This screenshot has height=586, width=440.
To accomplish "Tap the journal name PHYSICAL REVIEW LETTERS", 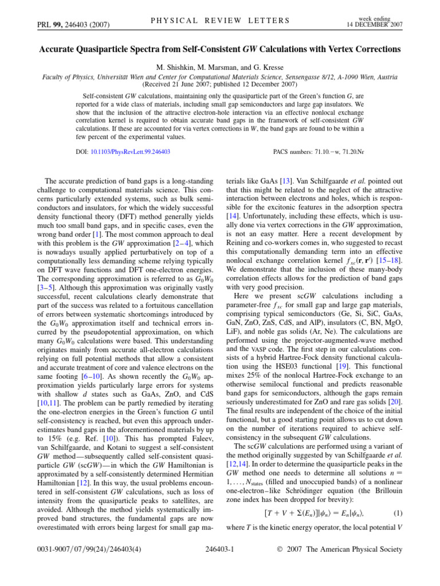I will [x=220, y=21].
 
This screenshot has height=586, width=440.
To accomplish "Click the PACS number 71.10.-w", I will [x=331, y=152].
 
